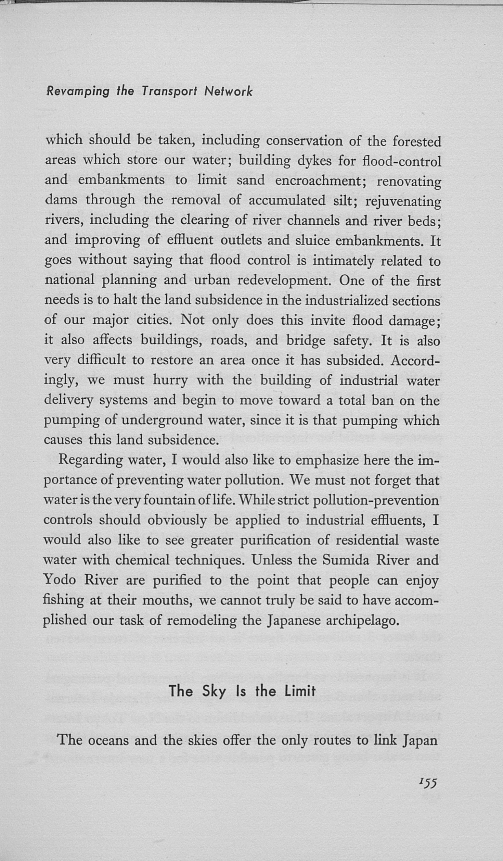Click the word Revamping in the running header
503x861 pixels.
point(78,91)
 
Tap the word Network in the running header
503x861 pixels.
point(228,91)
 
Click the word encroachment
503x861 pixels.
point(321,180)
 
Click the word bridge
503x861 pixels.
point(306,340)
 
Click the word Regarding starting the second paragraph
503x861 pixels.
point(90,460)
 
